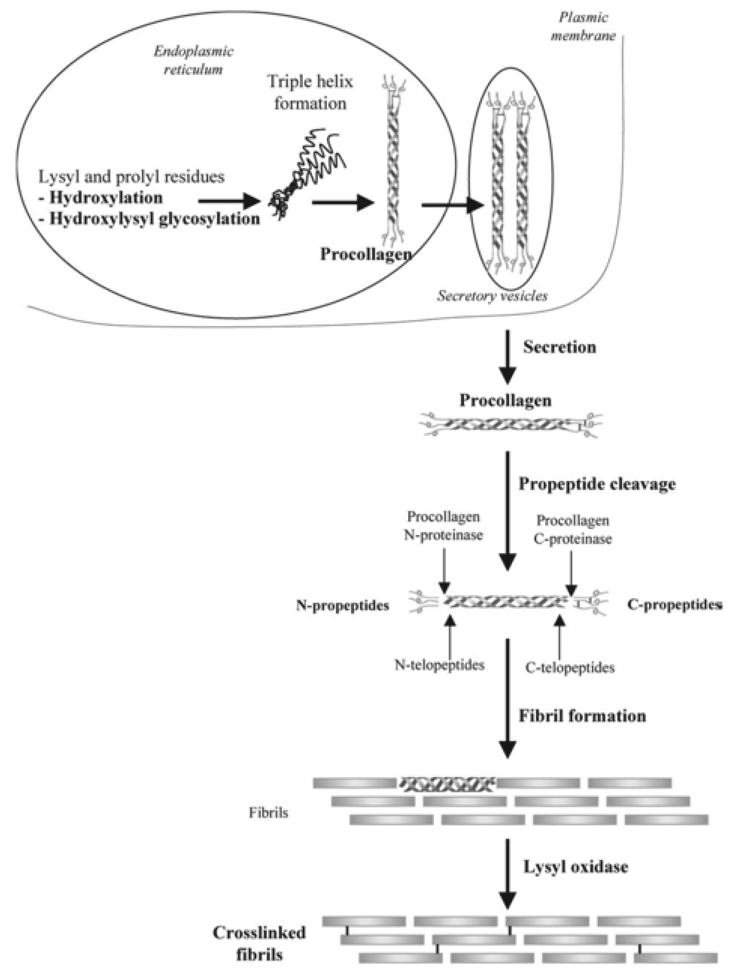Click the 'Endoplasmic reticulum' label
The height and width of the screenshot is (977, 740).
pos(193,60)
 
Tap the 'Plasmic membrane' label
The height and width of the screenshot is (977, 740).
pos(583,27)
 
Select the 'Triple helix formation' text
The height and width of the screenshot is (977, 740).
pos(310,92)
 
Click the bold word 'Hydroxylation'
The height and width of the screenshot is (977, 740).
pos(106,198)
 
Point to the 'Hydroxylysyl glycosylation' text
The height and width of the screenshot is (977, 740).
pos(154,219)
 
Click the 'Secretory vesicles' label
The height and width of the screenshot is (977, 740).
pos(492,295)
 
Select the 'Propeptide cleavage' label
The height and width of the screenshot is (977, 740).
pos(597,484)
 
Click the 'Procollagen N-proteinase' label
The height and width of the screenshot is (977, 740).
pos(443,526)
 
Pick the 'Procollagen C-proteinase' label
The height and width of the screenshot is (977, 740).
pos(573,530)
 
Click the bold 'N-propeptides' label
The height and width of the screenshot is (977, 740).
pos(343,605)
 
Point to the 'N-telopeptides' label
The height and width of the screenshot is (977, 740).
pos(439,665)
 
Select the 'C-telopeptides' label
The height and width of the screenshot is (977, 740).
pos(570,667)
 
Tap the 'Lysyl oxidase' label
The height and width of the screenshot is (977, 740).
pos(575,867)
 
